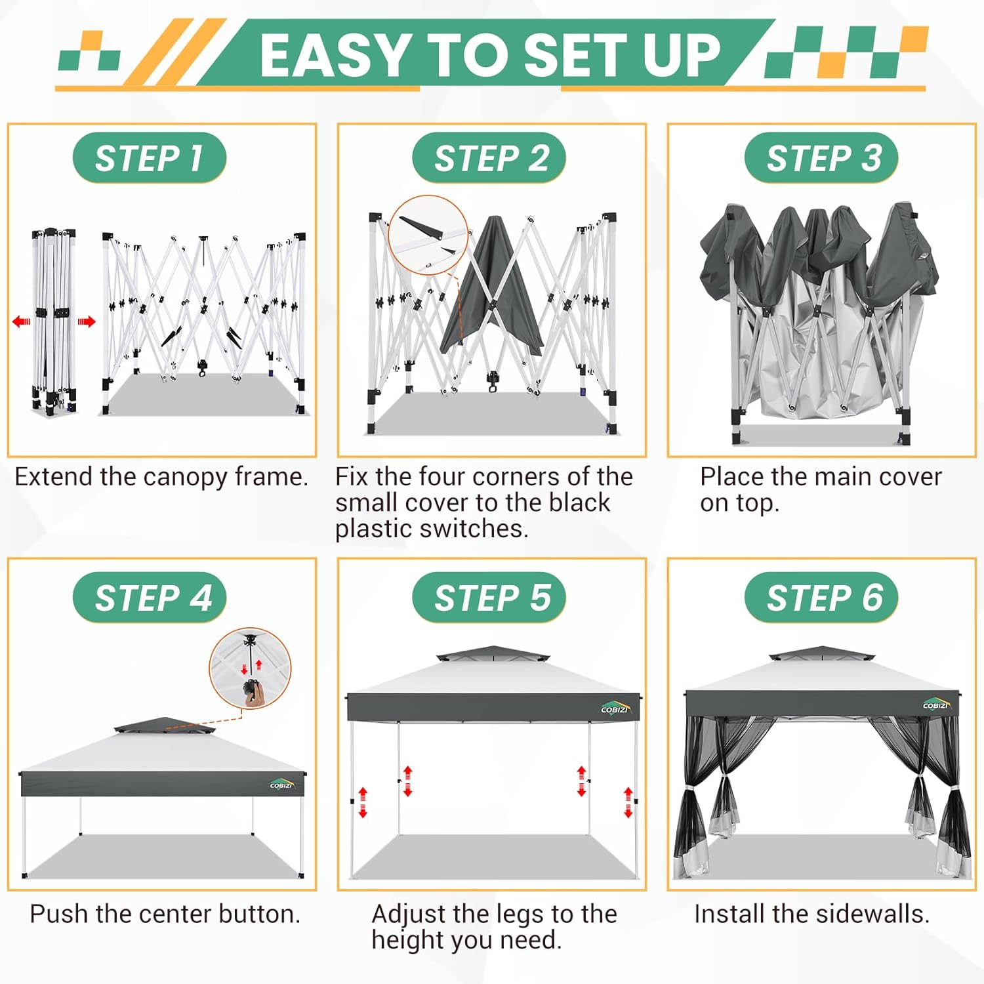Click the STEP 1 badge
pos(150,158)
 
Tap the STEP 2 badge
pos(489,158)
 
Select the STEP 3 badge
pos(821,158)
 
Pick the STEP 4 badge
pos(150,598)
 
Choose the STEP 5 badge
pos(489,598)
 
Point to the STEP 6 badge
pos(821,598)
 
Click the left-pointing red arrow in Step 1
pos(22,321)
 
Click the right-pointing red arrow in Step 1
pos(87,321)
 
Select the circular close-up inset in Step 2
pos(428,235)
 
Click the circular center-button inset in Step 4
pos(250,669)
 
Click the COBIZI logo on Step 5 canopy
pos(615,708)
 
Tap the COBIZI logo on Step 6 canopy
pos(936,705)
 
